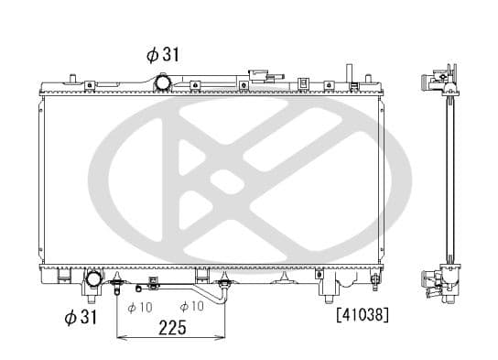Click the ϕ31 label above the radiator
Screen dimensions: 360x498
[162, 54]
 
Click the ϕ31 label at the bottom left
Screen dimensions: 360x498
[81, 317]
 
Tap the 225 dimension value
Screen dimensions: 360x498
[173, 327]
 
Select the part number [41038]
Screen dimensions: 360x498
[363, 315]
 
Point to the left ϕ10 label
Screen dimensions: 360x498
[139, 307]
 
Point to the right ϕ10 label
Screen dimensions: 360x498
[191, 307]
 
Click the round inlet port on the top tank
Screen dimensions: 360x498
[164, 82]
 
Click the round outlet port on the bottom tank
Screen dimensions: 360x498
[94, 278]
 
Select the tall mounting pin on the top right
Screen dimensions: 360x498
[349, 73]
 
